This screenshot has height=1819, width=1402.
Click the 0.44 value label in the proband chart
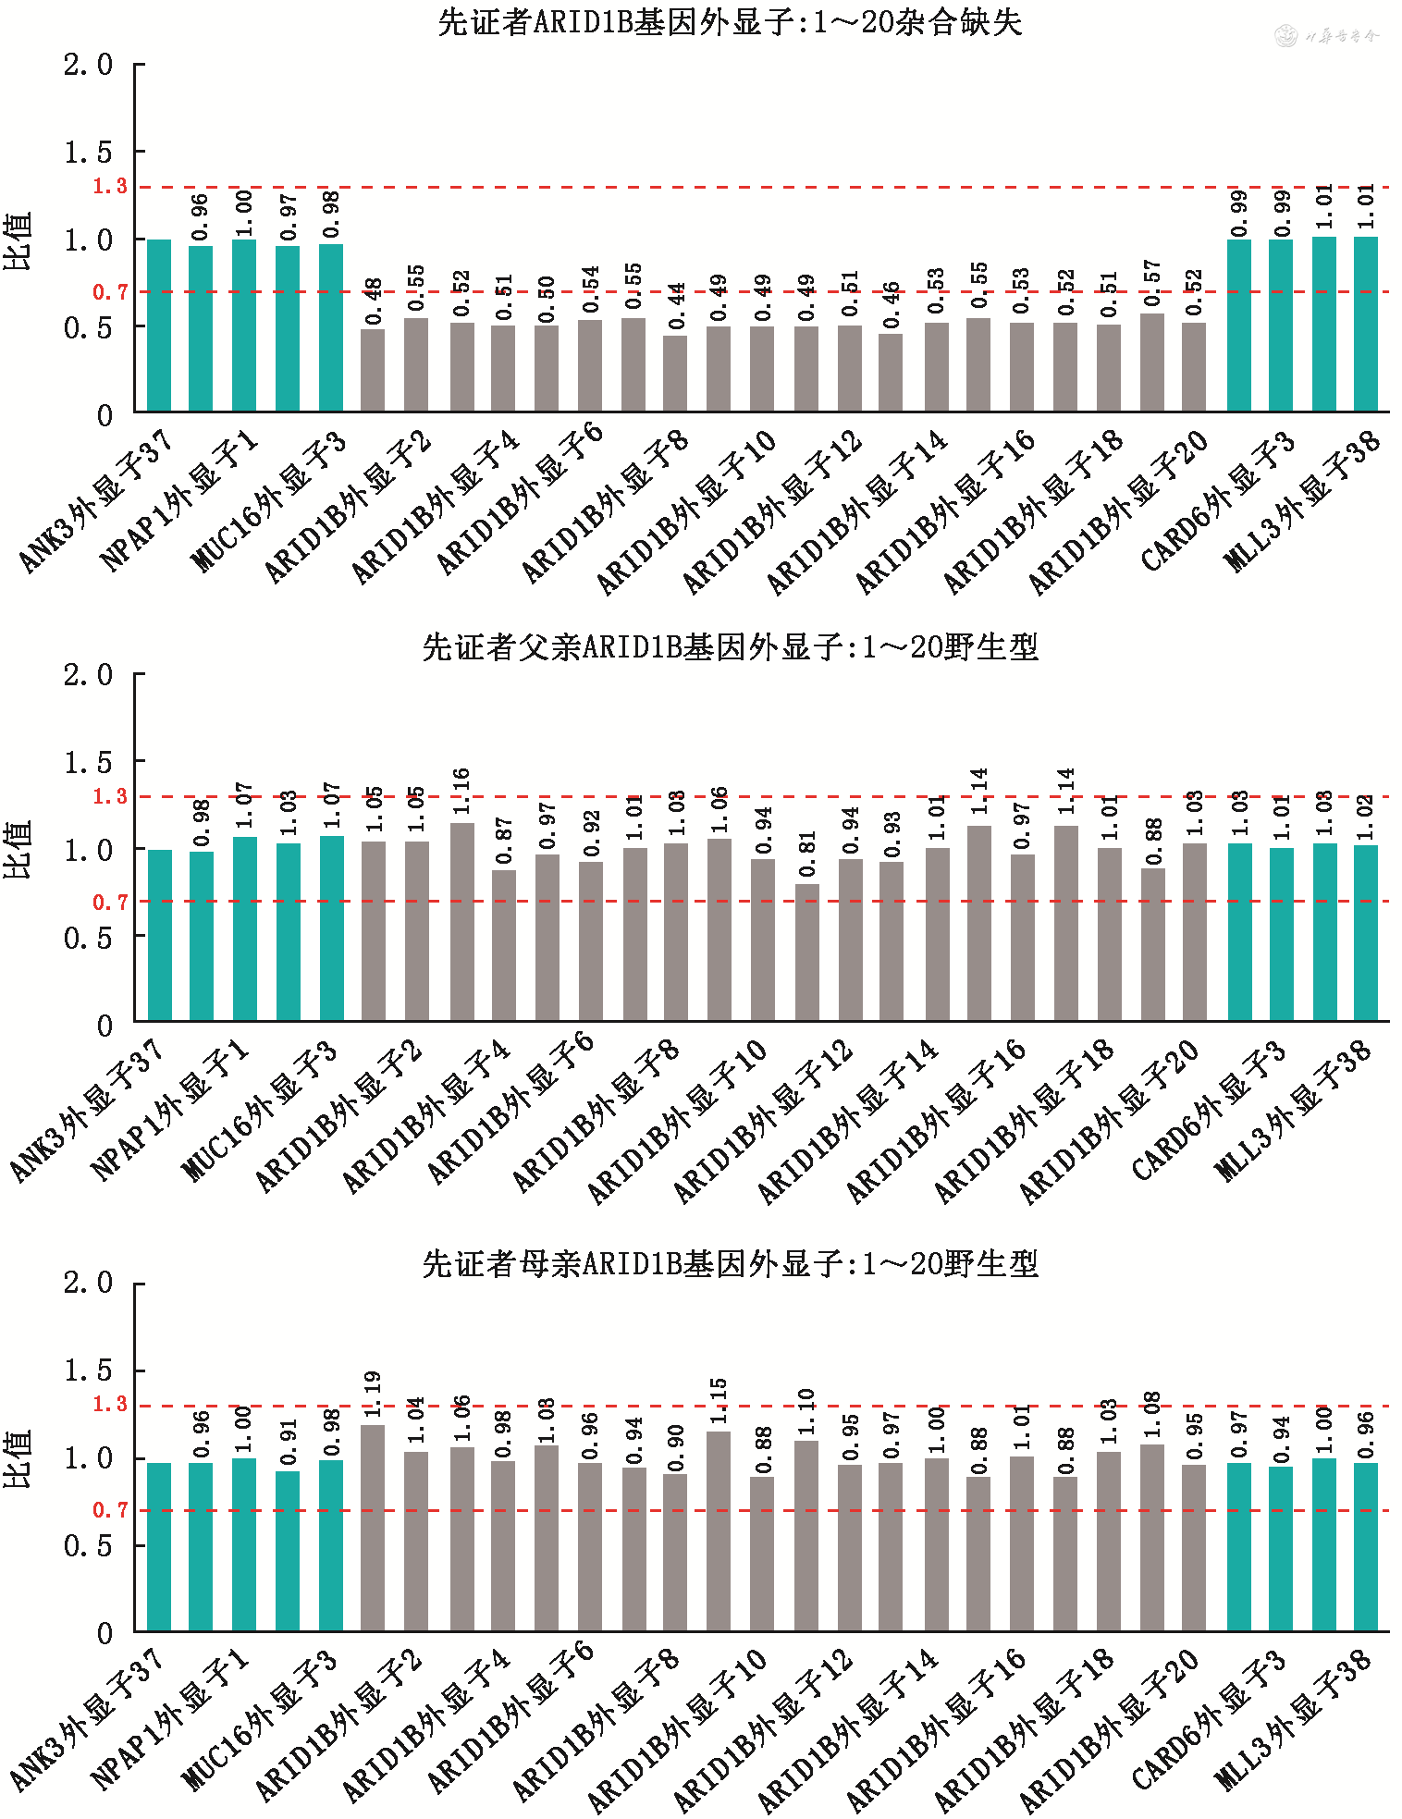(677, 307)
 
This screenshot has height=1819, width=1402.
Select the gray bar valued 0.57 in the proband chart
(1152, 363)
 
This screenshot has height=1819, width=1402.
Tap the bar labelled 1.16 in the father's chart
(462, 921)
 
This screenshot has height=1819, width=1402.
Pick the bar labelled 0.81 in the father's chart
(807, 953)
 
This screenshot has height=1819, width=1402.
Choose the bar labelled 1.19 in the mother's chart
(373, 1528)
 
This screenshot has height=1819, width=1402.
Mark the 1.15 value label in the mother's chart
(719, 1401)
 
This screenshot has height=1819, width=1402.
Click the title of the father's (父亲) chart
(730, 647)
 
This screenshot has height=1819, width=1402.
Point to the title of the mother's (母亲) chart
(730, 1263)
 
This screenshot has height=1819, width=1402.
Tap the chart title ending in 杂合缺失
(730, 22)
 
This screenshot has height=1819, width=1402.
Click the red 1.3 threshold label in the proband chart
(110, 187)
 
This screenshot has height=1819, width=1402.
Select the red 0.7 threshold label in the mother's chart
(110, 1510)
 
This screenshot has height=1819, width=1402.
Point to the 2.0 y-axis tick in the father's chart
(88, 675)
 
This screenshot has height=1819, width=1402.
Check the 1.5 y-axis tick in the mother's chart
(88, 1370)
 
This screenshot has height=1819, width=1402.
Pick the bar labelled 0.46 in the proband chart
(891, 372)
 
